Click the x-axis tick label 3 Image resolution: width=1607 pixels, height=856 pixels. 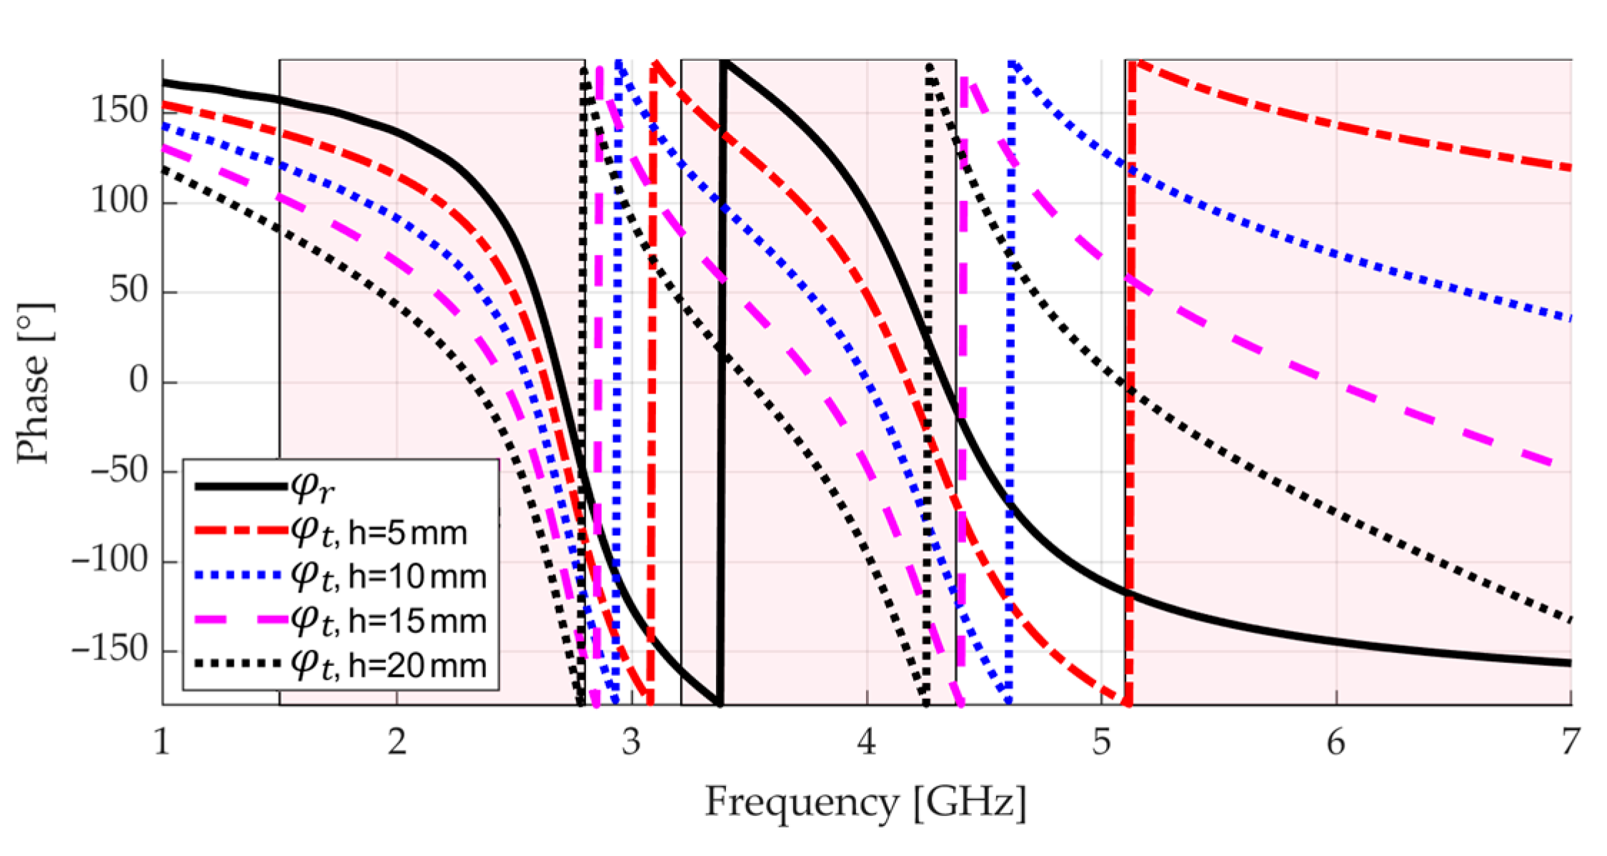tap(631, 743)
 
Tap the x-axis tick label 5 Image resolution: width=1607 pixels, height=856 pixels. tap(1101, 743)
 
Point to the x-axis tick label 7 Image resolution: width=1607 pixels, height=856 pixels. tap(1569, 743)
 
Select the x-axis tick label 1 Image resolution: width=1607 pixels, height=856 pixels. tap(162, 743)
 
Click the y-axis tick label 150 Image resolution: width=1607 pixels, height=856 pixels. tap(119, 111)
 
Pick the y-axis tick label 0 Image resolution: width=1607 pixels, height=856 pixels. tap(139, 380)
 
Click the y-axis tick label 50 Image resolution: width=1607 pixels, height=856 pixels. tap(129, 291)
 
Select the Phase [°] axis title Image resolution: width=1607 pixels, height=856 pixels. tap(34, 383)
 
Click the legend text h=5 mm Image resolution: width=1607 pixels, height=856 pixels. tap(408, 533)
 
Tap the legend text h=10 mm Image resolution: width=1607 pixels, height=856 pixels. tap(417, 577)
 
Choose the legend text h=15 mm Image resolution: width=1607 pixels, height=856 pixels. tap(417, 621)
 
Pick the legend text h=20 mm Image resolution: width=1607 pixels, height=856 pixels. tap(417, 665)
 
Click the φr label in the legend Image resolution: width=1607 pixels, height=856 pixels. tap(312, 488)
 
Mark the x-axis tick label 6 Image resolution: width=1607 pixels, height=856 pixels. tap(1335, 743)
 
